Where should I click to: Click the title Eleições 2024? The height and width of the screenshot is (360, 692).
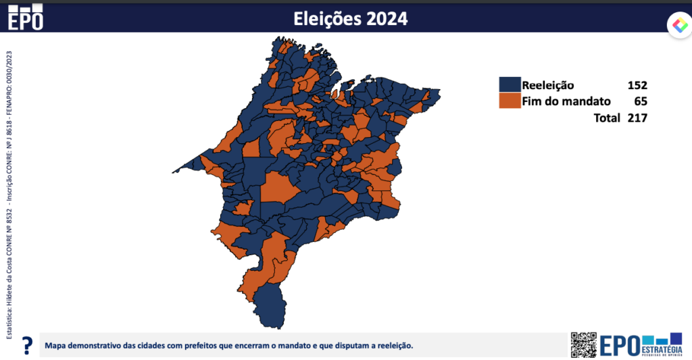tap(350, 18)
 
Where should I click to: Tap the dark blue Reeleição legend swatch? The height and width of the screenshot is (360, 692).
tap(510, 85)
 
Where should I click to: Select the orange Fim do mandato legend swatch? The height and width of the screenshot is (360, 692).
tap(510, 101)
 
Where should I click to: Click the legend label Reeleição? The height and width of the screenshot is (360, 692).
tap(547, 85)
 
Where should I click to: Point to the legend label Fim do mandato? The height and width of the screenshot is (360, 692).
tap(566, 101)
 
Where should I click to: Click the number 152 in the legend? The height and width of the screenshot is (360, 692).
tap(636, 85)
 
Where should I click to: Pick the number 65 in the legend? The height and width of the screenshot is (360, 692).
tap(640, 101)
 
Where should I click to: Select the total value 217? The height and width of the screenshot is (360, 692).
tap(636, 118)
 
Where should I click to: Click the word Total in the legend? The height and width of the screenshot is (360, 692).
tap(606, 118)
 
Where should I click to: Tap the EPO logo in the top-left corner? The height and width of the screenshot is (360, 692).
tap(25, 16)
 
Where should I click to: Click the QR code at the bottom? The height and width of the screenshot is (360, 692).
tap(584, 344)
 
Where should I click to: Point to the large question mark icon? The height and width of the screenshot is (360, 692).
tap(27, 346)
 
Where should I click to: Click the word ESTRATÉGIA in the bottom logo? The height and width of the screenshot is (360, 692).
tap(662, 349)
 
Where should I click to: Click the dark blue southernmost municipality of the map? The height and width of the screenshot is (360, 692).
tap(267, 304)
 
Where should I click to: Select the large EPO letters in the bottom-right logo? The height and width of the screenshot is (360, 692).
tap(619, 345)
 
